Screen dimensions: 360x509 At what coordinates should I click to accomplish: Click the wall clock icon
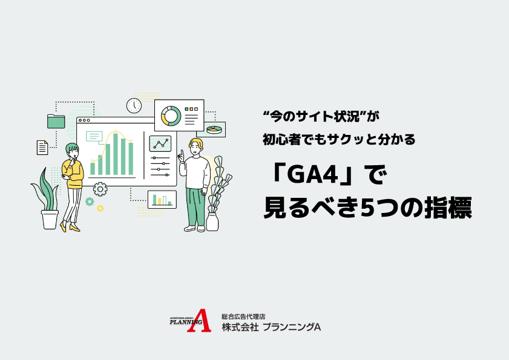(x=134, y=105)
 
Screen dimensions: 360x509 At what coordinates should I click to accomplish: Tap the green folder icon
(x=56, y=121)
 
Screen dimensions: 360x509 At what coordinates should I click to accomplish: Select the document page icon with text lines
(x=42, y=147)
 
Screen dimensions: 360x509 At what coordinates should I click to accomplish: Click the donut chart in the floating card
(x=170, y=114)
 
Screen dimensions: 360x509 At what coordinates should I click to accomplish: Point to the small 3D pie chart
(x=214, y=129)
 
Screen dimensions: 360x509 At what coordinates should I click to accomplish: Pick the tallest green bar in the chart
(x=116, y=154)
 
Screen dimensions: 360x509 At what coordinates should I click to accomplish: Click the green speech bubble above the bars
(x=94, y=136)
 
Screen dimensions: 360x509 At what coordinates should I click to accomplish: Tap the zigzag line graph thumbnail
(x=160, y=144)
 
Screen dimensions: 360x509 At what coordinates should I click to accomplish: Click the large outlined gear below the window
(x=100, y=188)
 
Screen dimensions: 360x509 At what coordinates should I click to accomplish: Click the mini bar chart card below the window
(x=162, y=199)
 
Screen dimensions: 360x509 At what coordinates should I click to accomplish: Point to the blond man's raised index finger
(x=180, y=152)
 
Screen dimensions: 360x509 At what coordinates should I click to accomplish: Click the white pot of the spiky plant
(x=50, y=218)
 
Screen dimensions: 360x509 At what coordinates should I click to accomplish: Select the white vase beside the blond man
(x=212, y=221)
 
